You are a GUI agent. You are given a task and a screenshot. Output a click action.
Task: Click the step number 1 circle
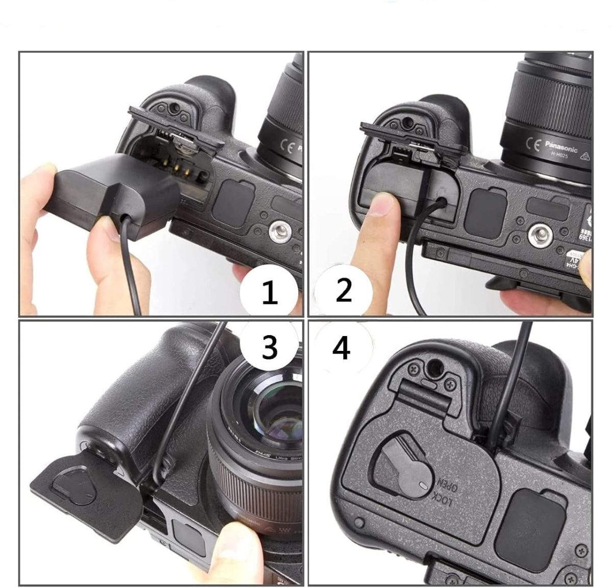[269, 293]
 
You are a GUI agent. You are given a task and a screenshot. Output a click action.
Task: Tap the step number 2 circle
[343, 291]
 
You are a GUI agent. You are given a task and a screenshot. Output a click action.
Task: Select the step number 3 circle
[269, 346]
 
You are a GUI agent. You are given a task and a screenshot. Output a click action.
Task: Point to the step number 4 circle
[341, 348]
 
